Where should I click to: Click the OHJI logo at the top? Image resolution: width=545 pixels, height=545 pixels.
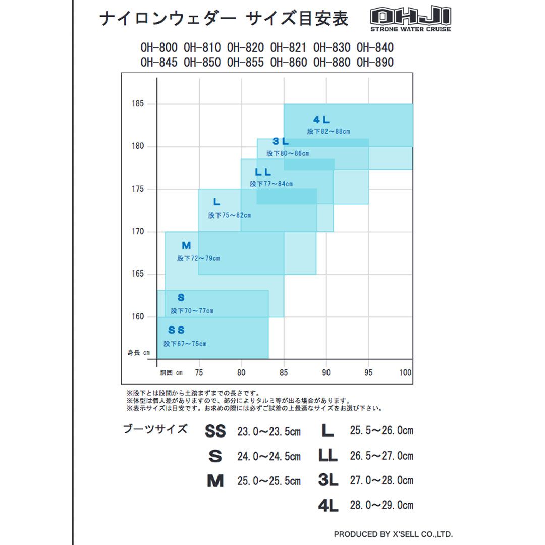[410, 19]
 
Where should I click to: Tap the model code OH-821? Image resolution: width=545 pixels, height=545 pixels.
[288, 48]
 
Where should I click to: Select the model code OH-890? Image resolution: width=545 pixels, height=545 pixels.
[375, 62]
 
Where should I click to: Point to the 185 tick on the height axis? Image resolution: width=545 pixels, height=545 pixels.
[138, 104]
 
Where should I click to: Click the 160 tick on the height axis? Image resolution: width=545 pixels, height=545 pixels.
[138, 317]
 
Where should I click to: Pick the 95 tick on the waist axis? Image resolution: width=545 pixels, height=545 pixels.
[369, 373]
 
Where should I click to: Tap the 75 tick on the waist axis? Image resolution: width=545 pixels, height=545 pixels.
[199, 373]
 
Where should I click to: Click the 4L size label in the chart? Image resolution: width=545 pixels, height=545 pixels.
[321, 120]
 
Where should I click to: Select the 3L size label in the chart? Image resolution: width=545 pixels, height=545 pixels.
[281, 142]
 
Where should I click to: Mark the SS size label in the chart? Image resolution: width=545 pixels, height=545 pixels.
[177, 331]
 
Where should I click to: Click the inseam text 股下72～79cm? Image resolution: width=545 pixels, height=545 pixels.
[198, 258]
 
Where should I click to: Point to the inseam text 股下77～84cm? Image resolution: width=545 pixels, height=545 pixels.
[271, 184]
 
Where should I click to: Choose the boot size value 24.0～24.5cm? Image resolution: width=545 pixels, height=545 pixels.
[269, 457]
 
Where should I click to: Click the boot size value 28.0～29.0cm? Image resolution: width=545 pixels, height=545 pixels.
[381, 505]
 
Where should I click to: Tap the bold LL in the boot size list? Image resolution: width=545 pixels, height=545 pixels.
[328, 456]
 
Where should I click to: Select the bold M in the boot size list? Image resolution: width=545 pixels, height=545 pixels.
[215, 481]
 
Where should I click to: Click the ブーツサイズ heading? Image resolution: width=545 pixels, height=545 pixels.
[155, 430]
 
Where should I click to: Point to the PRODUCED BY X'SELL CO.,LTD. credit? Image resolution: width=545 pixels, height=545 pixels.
[393, 534]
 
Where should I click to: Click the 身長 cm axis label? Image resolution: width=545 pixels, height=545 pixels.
[138, 353]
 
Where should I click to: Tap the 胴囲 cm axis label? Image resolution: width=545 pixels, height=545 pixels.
[171, 373]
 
